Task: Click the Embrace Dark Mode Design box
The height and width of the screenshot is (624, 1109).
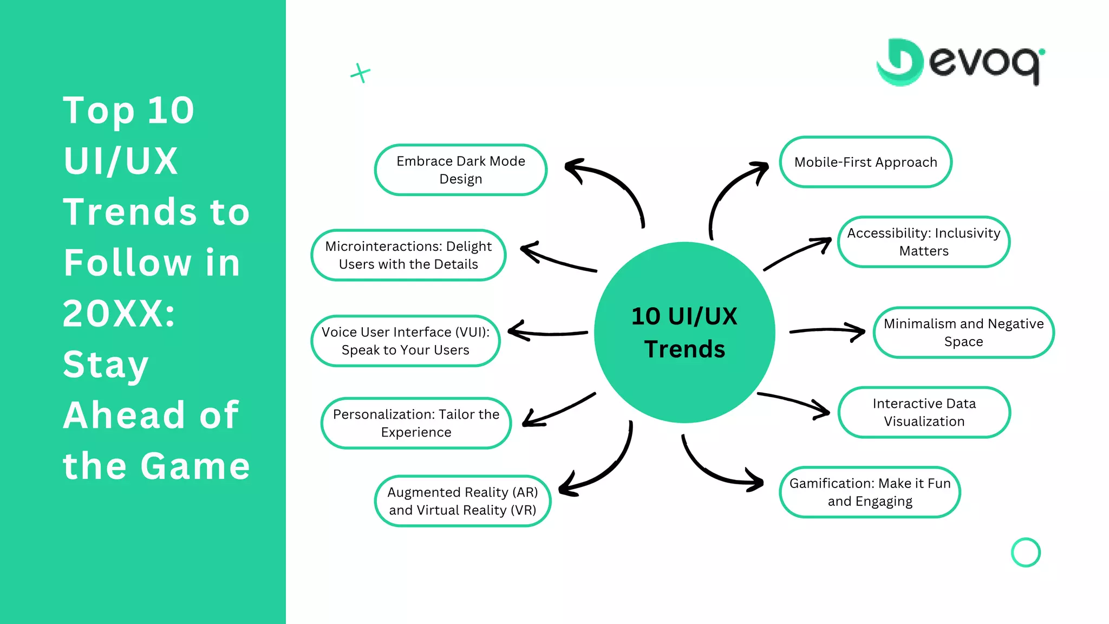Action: tap(460, 170)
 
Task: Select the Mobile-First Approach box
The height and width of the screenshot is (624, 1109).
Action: tap(865, 162)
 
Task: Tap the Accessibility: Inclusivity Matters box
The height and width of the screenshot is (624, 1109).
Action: tap(923, 242)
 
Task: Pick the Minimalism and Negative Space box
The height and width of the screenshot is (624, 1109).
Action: tap(963, 332)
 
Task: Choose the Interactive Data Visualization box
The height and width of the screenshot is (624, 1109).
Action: tap(924, 412)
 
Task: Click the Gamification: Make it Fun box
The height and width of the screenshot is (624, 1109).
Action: tap(870, 492)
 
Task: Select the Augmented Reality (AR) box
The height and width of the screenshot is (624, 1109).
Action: tap(462, 500)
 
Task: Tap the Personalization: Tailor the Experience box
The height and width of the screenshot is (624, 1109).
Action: tap(416, 423)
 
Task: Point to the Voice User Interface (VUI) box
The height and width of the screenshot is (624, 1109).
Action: tap(405, 341)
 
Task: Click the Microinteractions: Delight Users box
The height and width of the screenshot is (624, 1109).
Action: tap(408, 255)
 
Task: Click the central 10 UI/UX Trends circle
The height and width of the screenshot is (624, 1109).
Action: tap(684, 332)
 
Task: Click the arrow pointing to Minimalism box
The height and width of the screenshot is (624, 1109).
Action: tap(829, 330)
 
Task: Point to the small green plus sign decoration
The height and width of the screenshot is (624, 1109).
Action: tap(360, 73)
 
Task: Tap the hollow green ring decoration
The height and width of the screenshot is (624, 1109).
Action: tap(1026, 552)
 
